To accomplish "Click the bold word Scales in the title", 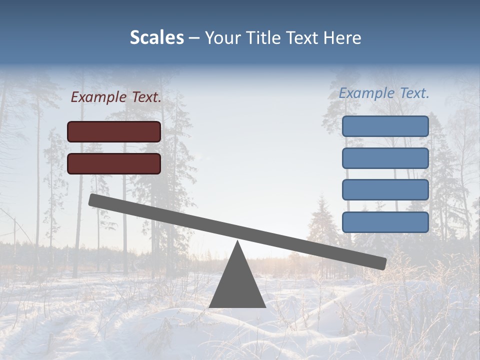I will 156,38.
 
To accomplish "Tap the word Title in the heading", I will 265,38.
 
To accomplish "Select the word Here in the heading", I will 342,38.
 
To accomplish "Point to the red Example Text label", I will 116,97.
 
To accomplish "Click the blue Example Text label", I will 384,93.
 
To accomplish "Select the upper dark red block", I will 114,131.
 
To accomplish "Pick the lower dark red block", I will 114,163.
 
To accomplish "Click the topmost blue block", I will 385,126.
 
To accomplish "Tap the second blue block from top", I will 385,158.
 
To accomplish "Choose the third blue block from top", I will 385,190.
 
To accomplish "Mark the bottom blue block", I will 385,222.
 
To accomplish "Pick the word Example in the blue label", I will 366,93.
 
